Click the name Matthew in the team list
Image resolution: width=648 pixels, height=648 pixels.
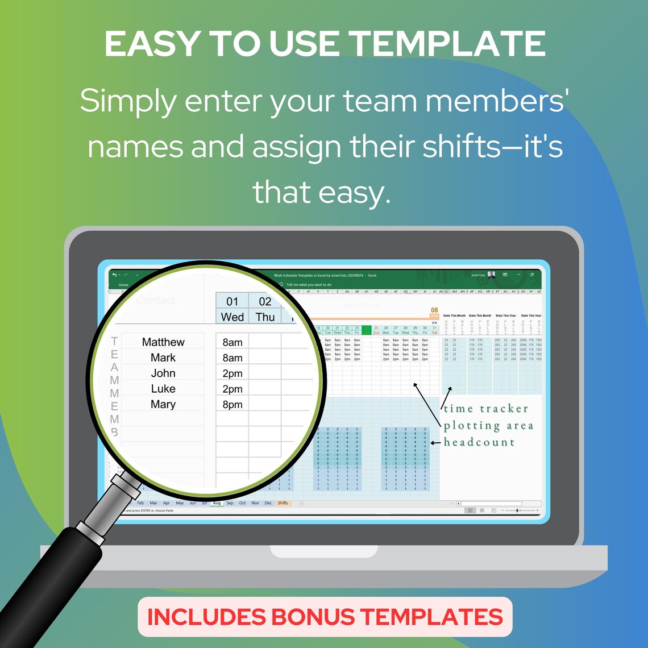click(163, 342)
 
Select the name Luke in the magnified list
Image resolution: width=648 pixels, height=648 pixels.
click(163, 389)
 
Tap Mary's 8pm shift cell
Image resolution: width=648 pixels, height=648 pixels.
click(232, 405)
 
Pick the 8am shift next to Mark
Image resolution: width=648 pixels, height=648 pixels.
click(232, 358)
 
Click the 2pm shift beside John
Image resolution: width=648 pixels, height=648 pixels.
click(232, 373)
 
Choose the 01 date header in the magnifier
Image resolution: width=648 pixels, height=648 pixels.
click(232, 301)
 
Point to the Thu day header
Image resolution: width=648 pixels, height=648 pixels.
click(265, 317)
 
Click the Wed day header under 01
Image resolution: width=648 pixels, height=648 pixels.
click(232, 317)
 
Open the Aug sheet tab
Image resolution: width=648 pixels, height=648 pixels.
click(217, 503)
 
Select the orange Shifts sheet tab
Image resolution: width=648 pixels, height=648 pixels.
click(283, 503)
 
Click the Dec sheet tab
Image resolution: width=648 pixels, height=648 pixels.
click(268, 503)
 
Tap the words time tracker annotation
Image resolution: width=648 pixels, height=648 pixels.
click(486, 409)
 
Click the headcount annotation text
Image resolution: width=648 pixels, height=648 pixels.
click(479, 442)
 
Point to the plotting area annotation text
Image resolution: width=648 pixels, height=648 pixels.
click(488, 426)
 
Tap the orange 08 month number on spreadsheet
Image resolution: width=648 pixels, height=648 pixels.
click(434, 310)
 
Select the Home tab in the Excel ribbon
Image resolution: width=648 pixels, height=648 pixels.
click(123, 285)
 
